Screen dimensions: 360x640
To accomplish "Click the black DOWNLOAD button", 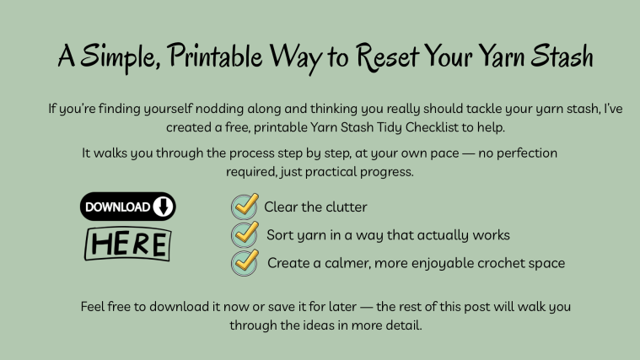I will pyautogui.click(x=127, y=207).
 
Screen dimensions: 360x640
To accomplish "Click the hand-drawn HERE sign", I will pyautogui.click(x=127, y=244).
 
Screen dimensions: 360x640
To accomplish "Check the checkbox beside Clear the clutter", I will pyautogui.click(x=245, y=206).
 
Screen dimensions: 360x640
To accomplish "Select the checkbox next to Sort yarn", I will pyautogui.click(x=245, y=234).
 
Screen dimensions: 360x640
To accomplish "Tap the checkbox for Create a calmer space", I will pyautogui.click(x=245, y=262).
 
